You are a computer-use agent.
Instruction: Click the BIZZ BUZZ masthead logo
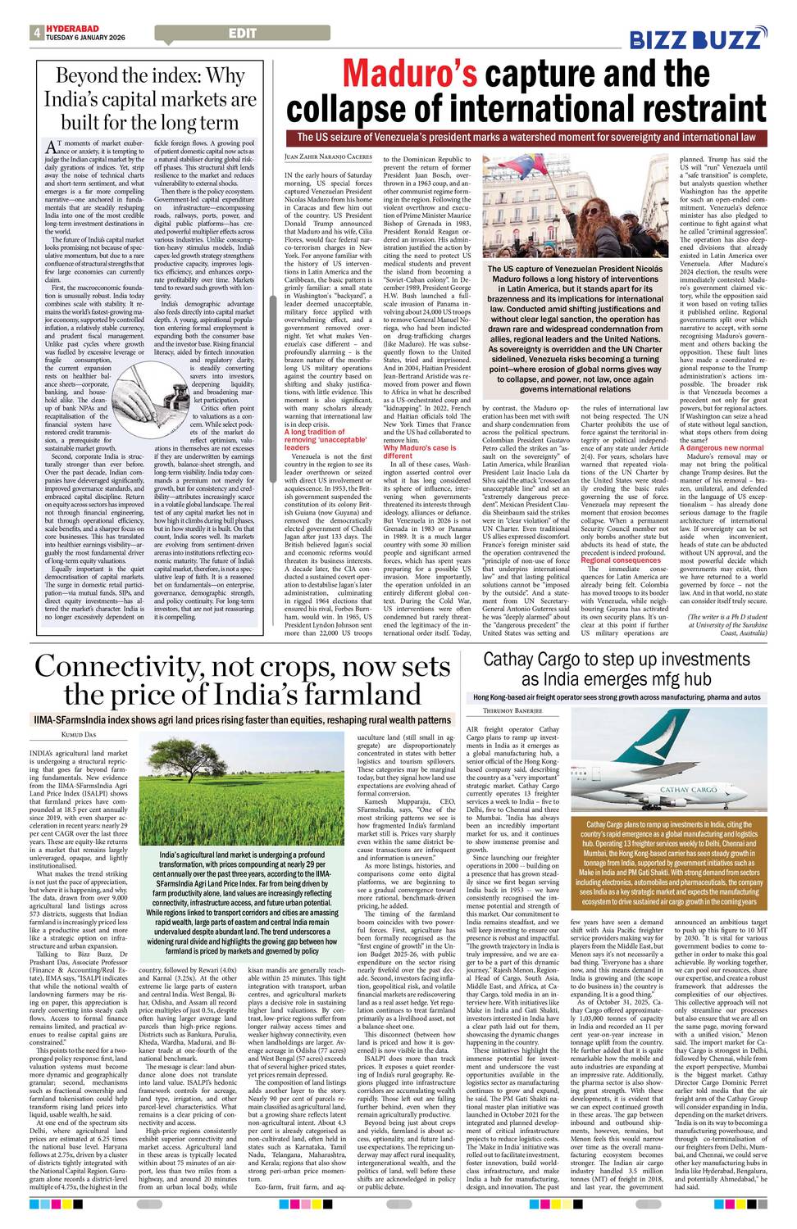698,39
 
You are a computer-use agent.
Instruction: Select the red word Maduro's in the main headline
409,74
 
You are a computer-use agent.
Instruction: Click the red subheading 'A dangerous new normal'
721,448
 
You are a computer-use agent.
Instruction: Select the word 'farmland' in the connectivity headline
353,696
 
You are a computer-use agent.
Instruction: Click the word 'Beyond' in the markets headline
86,77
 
